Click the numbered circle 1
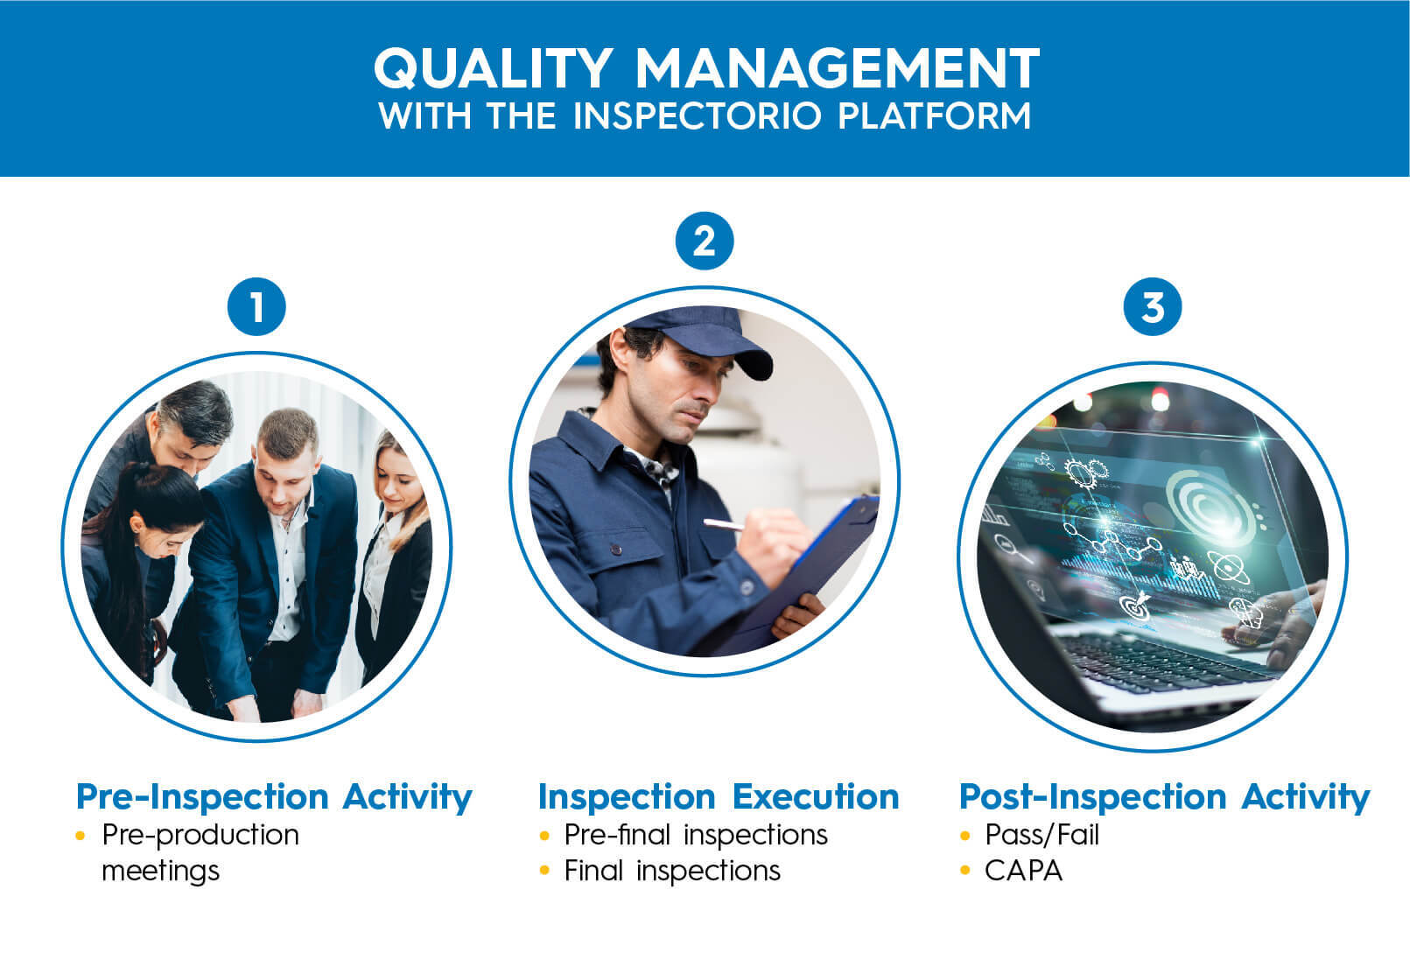click(x=256, y=307)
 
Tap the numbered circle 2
click(x=705, y=241)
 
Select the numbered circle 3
click(x=1153, y=307)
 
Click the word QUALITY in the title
click(x=492, y=67)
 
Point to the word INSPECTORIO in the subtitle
click(x=697, y=116)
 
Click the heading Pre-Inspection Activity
click(x=274, y=796)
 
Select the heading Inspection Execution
click(x=719, y=796)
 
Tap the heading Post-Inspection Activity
click(x=1164, y=796)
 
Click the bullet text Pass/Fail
click(x=1042, y=835)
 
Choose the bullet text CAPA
click(x=1023, y=871)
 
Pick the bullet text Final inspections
click(x=672, y=871)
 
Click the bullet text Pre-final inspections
click(x=696, y=835)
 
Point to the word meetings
click(x=161, y=871)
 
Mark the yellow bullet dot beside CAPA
click(x=966, y=871)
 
